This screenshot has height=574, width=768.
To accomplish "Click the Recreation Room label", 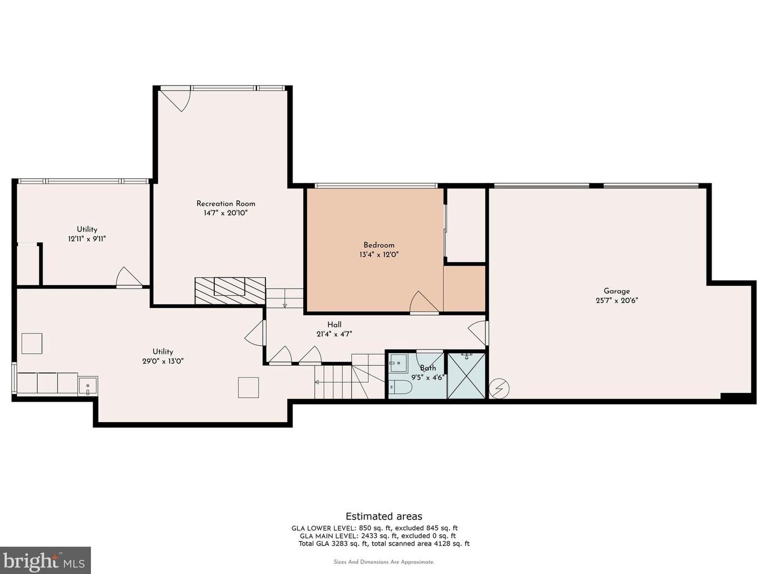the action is [x=226, y=204].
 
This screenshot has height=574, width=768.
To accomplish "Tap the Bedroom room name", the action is [x=379, y=245].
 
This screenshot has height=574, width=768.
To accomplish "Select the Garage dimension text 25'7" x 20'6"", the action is [x=617, y=300].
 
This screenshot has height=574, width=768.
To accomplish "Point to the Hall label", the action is [x=334, y=325].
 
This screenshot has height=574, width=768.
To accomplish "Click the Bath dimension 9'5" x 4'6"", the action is [x=428, y=377].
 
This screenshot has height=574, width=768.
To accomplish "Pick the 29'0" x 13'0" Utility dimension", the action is [x=163, y=361].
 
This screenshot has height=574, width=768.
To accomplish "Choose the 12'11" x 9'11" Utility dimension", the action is [x=87, y=239].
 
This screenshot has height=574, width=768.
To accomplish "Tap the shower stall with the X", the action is [x=466, y=376].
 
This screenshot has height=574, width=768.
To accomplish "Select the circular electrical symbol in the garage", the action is [x=499, y=389].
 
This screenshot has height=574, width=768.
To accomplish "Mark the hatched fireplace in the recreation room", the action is [x=230, y=291].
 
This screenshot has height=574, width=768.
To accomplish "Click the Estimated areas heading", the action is [x=384, y=516].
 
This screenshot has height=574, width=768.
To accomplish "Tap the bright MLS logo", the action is [x=45, y=561].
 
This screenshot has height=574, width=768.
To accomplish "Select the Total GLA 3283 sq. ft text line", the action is [x=384, y=543].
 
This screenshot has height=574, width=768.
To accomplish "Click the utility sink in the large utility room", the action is [x=88, y=386].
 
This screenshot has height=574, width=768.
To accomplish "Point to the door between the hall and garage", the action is [x=478, y=332].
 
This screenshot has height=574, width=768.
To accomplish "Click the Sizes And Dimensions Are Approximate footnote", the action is [x=384, y=562].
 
